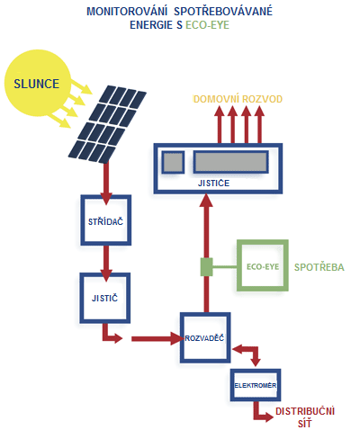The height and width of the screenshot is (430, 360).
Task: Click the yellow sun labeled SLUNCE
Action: click(x=38, y=83)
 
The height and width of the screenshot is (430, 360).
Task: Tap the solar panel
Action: click(x=107, y=124)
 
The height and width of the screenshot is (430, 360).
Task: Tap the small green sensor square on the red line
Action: click(x=206, y=267)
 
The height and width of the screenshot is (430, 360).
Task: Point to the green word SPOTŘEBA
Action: click(x=319, y=267)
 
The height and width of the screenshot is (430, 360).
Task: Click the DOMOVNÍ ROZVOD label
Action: click(x=238, y=99)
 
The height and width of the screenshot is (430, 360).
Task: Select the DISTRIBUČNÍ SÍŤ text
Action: click(x=305, y=417)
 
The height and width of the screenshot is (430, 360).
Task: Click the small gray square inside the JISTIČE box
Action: click(x=173, y=162)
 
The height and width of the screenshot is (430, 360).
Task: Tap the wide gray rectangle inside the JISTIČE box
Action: click(x=230, y=162)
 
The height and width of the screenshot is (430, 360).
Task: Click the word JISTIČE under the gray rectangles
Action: click(x=213, y=183)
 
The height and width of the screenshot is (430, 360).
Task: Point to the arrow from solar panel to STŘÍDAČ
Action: click(x=106, y=183)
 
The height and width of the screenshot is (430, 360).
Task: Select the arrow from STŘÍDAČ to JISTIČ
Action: click(x=106, y=264)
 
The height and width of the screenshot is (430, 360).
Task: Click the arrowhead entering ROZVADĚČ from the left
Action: click(x=177, y=339)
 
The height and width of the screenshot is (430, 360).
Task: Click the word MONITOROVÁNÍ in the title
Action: click(x=127, y=12)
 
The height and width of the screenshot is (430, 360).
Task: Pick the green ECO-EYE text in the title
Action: click(x=207, y=25)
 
